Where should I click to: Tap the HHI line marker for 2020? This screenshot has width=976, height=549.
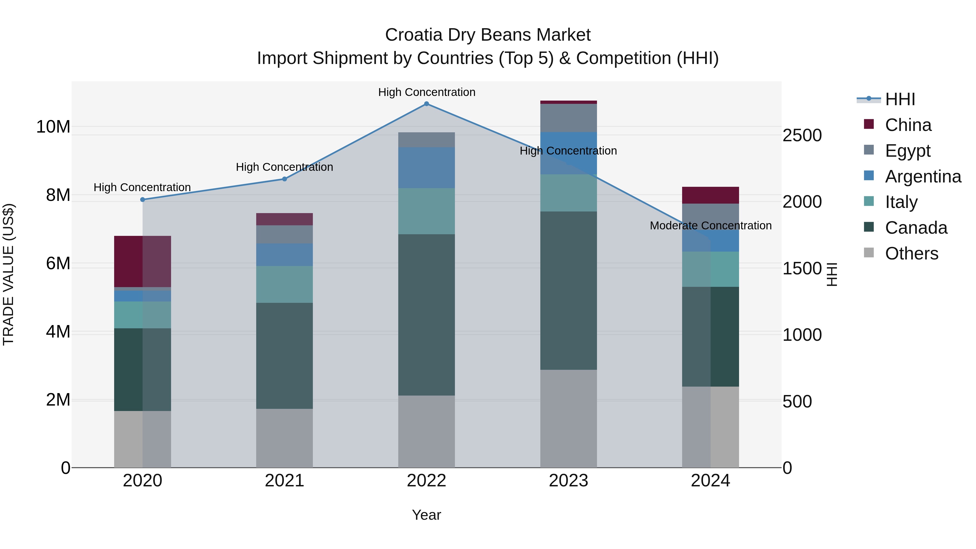click(142, 200)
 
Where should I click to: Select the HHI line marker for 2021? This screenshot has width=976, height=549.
click(285, 179)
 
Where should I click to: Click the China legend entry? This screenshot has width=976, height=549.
click(908, 125)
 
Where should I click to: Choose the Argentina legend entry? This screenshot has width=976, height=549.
click(923, 176)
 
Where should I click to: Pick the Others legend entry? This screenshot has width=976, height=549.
click(911, 253)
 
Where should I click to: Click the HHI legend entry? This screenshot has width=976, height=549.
click(900, 99)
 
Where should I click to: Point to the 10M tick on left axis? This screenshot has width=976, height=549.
click(53, 127)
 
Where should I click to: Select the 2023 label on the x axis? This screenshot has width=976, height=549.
click(568, 481)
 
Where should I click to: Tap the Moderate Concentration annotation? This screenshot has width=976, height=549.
click(710, 226)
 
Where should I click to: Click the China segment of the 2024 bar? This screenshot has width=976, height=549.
click(710, 195)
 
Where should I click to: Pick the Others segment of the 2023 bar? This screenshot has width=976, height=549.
click(568, 418)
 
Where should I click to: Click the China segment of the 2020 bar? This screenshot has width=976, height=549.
click(142, 261)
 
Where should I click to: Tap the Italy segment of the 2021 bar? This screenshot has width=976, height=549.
click(285, 284)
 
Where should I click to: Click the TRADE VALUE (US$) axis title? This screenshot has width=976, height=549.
click(8, 274)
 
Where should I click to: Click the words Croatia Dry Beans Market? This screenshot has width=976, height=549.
click(488, 35)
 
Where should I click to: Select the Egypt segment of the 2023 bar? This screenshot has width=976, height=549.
click(568, 118)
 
